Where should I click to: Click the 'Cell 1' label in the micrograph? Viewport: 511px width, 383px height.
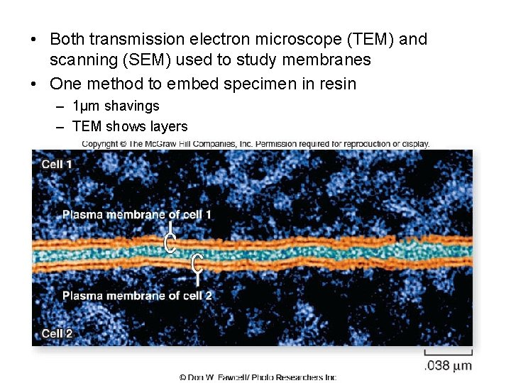57,165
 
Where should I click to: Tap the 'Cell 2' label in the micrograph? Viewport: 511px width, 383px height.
57,333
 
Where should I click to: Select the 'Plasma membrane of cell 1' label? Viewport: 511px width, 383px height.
137,214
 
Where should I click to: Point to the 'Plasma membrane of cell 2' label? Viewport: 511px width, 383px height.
137,295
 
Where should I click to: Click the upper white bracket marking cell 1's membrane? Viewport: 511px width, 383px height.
170,239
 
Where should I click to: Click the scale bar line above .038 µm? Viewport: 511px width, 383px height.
449,353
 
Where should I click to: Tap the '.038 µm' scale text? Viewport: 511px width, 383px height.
448,366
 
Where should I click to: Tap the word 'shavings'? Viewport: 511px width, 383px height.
132,106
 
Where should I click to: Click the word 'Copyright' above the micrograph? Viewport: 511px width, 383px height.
100,144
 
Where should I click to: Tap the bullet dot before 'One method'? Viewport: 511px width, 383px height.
34,84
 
